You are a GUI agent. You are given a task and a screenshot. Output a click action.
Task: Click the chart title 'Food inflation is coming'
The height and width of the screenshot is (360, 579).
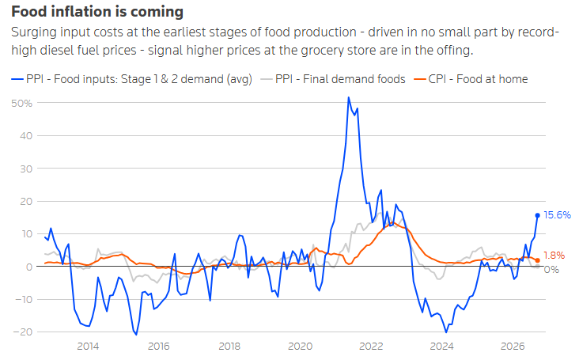(97, 12)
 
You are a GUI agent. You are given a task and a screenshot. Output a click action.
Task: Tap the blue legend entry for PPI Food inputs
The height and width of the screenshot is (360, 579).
(131, 79)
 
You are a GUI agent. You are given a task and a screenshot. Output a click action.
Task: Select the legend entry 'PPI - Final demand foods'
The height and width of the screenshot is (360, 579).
(333, 79)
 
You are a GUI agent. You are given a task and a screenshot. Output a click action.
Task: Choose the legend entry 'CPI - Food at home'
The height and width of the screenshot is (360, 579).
(471, 79)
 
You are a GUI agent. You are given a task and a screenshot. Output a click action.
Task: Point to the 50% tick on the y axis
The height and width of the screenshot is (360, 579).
(22, 104)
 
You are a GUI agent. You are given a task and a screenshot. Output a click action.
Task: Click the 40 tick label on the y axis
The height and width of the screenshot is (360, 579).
(26, 136)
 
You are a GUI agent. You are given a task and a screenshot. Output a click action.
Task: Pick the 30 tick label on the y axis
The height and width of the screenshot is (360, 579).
(26, 169)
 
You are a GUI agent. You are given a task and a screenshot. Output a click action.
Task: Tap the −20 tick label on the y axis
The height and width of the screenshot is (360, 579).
(23, 332)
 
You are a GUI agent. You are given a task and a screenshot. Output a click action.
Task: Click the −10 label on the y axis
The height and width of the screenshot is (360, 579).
(23, 299)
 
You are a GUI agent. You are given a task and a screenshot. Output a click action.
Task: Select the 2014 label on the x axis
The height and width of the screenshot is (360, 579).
(88, 347)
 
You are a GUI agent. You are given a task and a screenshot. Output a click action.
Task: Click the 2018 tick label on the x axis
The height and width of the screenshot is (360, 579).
(229, 347)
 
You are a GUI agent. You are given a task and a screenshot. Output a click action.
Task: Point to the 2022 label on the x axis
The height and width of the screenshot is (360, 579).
(371, 347)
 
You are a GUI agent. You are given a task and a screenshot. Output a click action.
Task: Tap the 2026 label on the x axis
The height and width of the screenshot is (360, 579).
(513, 347)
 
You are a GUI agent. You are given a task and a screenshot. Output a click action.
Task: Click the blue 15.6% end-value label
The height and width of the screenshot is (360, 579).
(557, 215)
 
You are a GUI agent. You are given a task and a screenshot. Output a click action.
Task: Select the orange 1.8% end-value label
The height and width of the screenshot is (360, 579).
(554, 255)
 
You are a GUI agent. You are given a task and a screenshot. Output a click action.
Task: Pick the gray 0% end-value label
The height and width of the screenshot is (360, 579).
(551, 270)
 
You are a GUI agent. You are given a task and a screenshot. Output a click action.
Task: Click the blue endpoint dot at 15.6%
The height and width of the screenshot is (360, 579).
(537, 215)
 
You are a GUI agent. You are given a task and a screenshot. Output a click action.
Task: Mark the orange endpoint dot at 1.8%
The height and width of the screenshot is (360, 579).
(537, 260)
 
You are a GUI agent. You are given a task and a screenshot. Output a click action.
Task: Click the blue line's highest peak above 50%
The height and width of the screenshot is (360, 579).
(349, 97)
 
